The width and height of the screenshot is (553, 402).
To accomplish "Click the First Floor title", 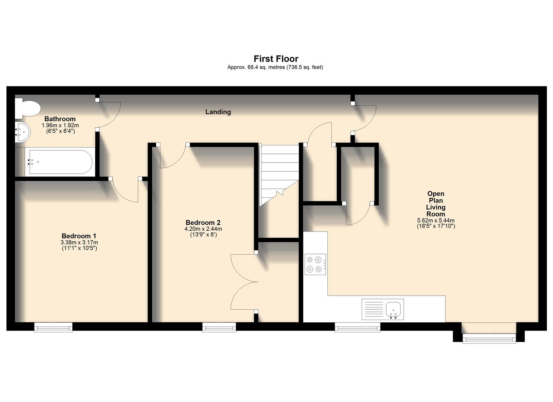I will pyautogui.click(x=276, y=59).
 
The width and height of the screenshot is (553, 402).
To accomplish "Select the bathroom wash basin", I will pyautogui.click(x=22, y=132).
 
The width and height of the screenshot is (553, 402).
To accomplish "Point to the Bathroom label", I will pyautogui.click(x=60, y=119).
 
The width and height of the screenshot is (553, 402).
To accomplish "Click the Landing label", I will pyautogui.click(x=218, y=112).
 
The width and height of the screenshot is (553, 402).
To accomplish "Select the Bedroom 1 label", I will pyautogui.click(x=79, y=236).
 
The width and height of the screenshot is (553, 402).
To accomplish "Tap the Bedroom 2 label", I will pyautogui.click(x=203, y=223).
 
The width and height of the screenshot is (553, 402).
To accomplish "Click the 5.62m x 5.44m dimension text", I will pyautogui.click(x=436, y=220).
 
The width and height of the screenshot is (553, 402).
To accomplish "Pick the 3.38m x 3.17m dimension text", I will pyautogui.click(x=79, y=243).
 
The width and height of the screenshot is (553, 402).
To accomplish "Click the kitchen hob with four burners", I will pyautogui.click(x=315, y=264).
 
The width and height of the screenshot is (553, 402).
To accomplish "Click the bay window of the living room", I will pyautogui.click(x=489, y=338).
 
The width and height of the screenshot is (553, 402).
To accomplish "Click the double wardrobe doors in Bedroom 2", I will pyautogui.click(x=244, y=282).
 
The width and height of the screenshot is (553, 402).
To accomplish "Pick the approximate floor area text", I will pyautogui.click(x=275, y=67).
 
